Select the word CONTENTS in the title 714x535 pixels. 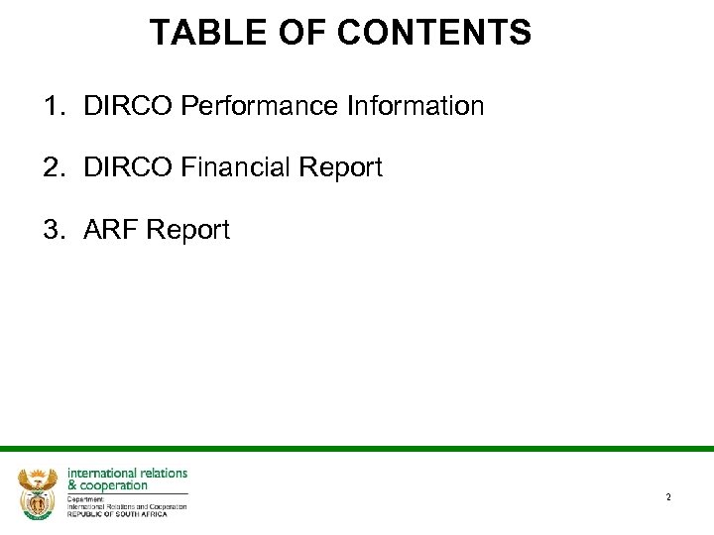point(434,34)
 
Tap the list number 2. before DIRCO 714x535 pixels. point(55,168)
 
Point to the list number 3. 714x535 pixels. point(55,231)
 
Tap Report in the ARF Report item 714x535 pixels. point(188,231)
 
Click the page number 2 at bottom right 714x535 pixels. point(668,497)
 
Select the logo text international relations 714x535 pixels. point(127,474)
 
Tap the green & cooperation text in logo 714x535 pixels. point(107,485)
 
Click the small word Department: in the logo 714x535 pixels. point(86,498)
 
